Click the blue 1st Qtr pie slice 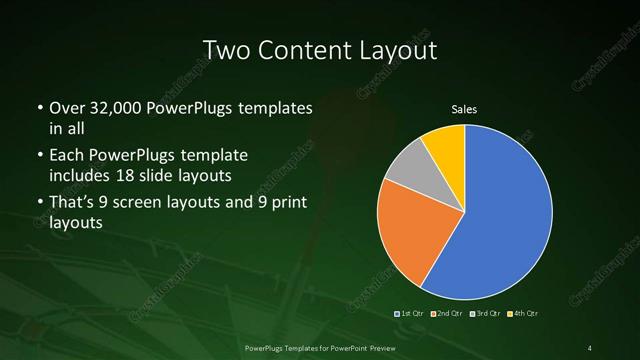coord(505,215)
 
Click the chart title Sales coord(466,108)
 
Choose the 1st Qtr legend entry coord(411,314)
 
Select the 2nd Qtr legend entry coord(446,314)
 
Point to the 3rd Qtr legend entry coord(484,314)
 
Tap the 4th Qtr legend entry coord(521,314)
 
